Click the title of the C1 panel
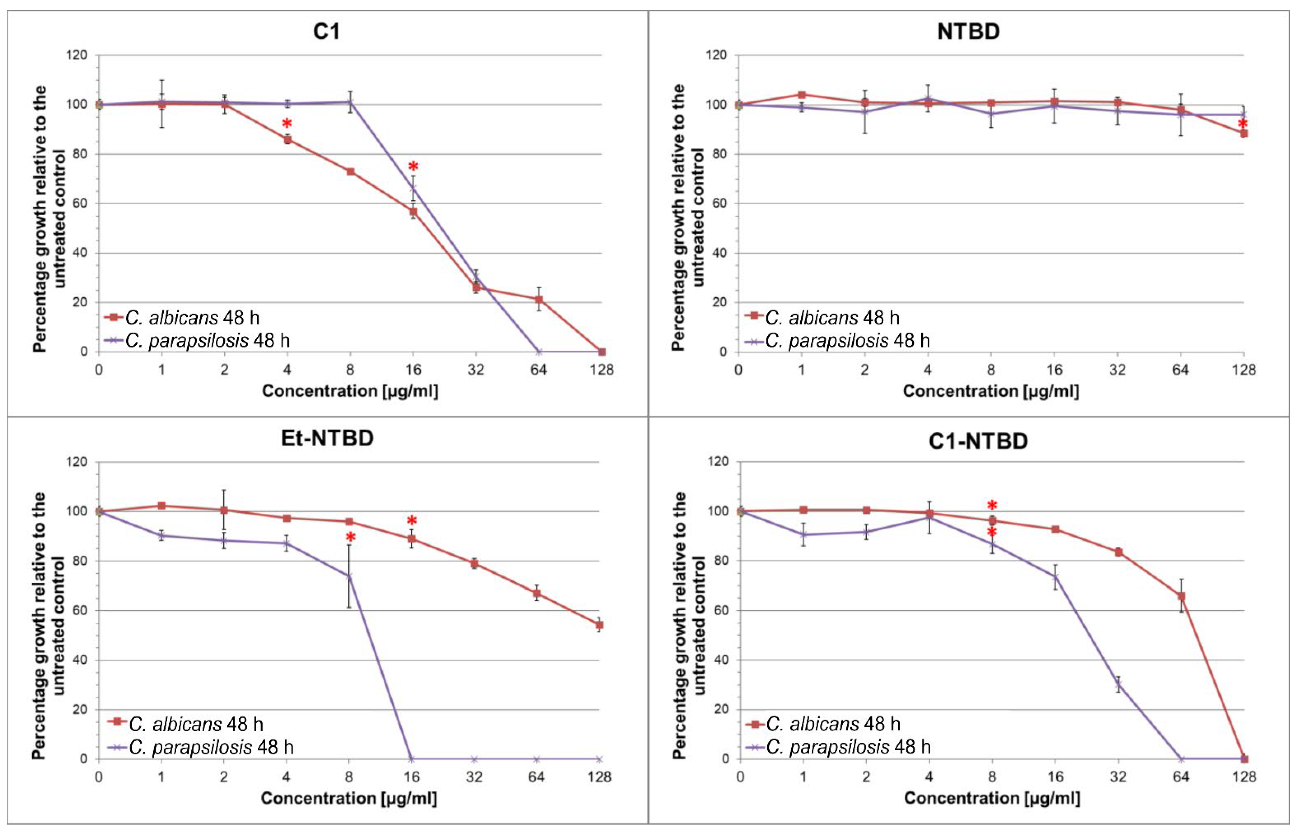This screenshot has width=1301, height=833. pos(326,31)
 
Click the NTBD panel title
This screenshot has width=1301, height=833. pos(968,31)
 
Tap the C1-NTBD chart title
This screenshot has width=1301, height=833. pos(978,441)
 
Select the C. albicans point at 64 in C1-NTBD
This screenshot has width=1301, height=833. pos(1181,596)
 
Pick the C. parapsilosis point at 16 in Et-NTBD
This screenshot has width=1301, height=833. pos(412,759)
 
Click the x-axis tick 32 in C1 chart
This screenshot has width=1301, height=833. pos(476,370)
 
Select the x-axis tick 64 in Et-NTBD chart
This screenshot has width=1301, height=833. pos(536,777)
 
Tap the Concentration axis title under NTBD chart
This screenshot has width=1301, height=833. pos(991,391)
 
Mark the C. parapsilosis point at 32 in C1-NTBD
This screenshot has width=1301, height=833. pos(1118,685)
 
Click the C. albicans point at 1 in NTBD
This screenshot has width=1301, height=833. pos(802,95)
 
